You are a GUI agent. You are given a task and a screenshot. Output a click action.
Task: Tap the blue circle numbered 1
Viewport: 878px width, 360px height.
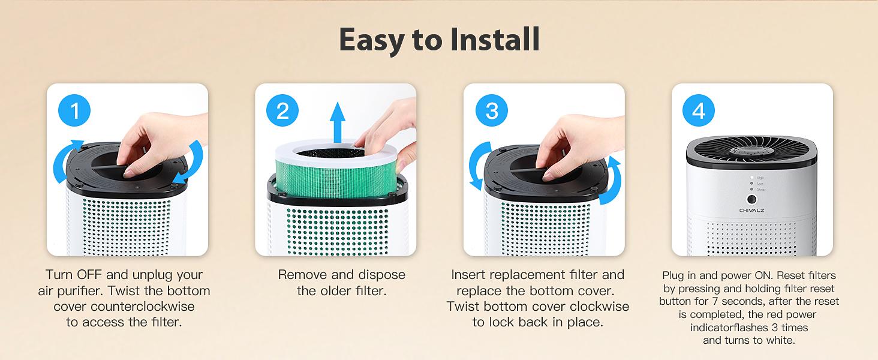tap(75, 111)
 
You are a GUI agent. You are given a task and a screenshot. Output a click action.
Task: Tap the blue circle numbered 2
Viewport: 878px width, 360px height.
tap(283, 111)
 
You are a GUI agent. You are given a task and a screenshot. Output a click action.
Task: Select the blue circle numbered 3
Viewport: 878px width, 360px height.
tap(492, 111)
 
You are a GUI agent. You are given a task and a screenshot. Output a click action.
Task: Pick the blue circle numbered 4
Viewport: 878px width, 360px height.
tap(699, 111)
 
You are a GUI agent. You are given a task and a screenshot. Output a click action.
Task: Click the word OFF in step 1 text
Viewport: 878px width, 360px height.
tap(91, 275)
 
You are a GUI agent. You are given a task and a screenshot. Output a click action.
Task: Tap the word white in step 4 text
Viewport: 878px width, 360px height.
tap(780, 341)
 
